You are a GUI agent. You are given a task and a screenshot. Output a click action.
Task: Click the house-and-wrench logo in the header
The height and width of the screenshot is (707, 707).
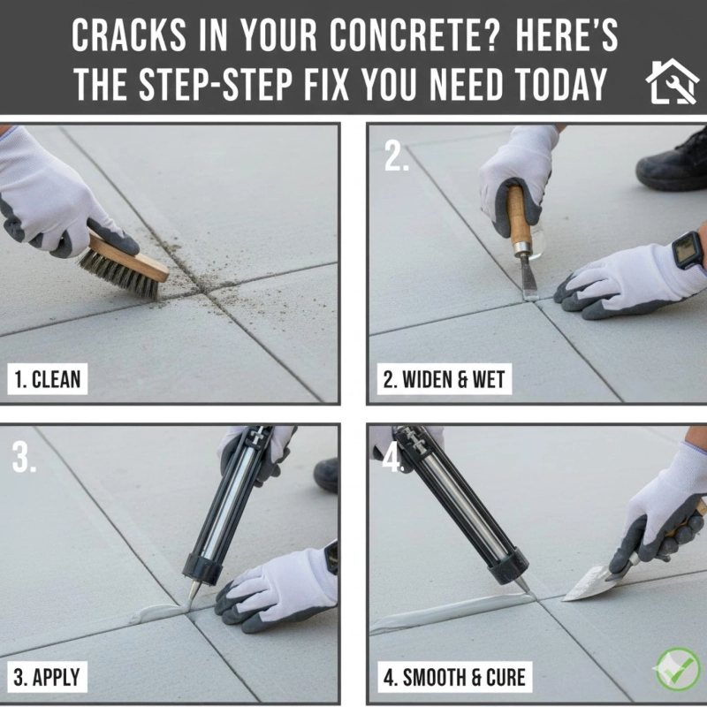pos(673,81)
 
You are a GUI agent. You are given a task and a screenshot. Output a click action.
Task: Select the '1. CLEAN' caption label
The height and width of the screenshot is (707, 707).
pos(48,380)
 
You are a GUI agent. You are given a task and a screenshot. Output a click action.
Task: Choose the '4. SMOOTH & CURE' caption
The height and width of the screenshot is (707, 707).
pos(454,678)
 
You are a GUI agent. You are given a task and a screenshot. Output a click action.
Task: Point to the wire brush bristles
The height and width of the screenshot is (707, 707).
pos(115,276)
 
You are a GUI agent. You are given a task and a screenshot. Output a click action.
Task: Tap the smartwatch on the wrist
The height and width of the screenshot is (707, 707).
pos(688,250)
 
